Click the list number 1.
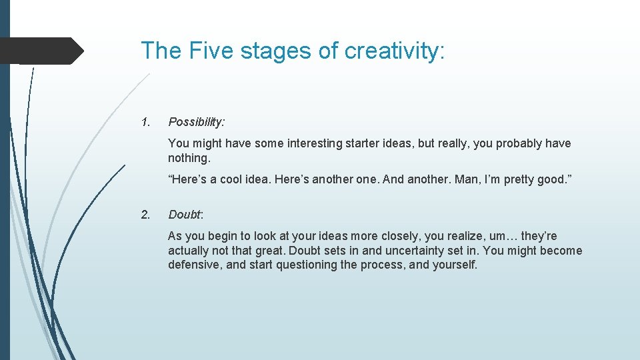pos(145,122)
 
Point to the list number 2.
pos(145,214)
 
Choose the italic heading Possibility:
pos(197,122)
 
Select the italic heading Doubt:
pos(186,214)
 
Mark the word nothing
pos(189,158)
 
